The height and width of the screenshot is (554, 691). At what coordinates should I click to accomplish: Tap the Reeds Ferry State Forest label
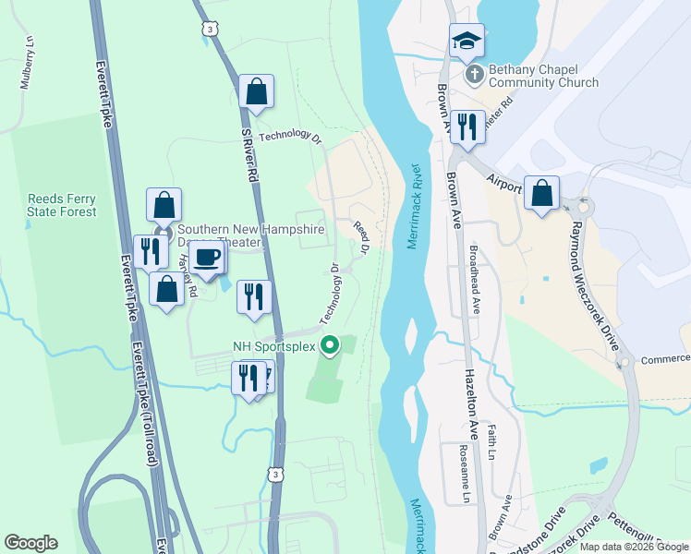[62, 205]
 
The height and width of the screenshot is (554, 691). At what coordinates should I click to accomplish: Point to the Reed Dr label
[362, 235]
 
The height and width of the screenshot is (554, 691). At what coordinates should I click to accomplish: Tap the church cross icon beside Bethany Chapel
[474, 75]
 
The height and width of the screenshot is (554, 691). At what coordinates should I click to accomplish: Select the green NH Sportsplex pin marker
[329, 347]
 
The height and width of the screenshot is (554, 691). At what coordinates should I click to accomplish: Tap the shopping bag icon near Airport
[542, 195]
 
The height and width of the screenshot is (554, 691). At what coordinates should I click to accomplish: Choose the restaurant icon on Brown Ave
[467, 128]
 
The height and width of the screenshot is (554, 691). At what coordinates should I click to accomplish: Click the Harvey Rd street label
[188, 273]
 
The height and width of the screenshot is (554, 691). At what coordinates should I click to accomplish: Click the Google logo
[31, 543]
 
